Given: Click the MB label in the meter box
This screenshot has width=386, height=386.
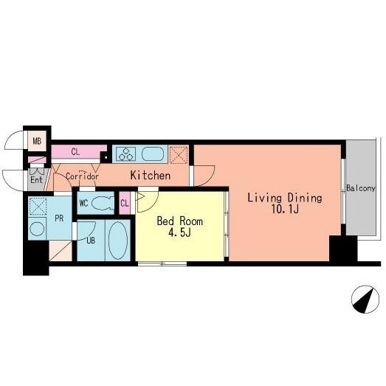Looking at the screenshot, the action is coord(37,141).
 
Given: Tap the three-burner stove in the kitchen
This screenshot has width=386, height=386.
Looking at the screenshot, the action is coord(125,154).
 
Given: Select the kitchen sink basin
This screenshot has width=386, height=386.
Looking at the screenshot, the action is coord(153,154).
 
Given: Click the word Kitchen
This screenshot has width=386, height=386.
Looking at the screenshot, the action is coord(150,176).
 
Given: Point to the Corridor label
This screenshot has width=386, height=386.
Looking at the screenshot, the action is coord(82,176).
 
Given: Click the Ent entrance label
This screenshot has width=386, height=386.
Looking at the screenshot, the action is coord(36,179).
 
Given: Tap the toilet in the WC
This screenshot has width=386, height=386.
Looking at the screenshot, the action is coord(103,204).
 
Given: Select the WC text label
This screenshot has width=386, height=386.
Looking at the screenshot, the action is coord(83,204).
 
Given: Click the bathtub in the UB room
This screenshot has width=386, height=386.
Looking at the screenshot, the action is coord(118,241).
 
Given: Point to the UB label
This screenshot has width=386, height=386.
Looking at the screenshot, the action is coord(91,241).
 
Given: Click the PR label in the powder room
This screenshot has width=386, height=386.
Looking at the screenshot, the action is coord(59,218).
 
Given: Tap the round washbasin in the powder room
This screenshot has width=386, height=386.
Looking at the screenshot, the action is coord(37,229).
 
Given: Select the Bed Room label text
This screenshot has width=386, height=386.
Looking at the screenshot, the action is coord(179,221).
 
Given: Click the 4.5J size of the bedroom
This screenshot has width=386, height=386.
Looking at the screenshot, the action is coord(179,232).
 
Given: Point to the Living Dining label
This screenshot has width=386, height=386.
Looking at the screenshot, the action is coord(285,198).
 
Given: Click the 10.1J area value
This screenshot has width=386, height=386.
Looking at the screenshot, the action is coord(285,210).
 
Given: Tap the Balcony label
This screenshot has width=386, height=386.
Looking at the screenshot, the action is coord(361,188).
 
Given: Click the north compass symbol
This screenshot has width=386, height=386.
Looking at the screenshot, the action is coord(365,300).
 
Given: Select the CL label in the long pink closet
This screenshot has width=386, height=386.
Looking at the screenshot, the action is coord(75,152).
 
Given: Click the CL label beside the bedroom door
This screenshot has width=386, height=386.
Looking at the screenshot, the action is coord(125,204).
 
